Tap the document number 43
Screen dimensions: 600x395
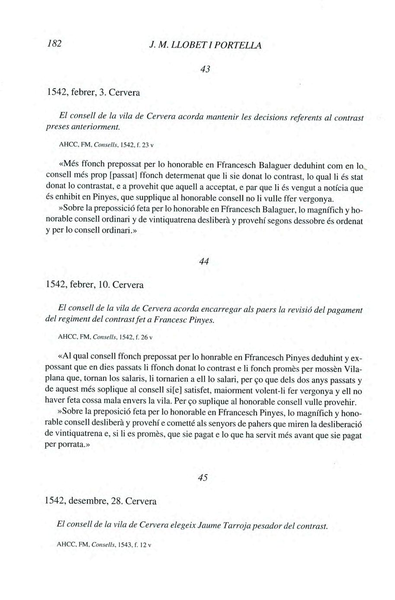(206, 69)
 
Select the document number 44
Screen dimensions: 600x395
(204, 261)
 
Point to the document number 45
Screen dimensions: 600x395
(202, 477)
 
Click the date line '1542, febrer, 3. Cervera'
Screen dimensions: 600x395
(95, 92)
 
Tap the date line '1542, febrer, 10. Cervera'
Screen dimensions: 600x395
(95, 285)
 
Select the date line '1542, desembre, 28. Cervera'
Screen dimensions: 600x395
(101, 501)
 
